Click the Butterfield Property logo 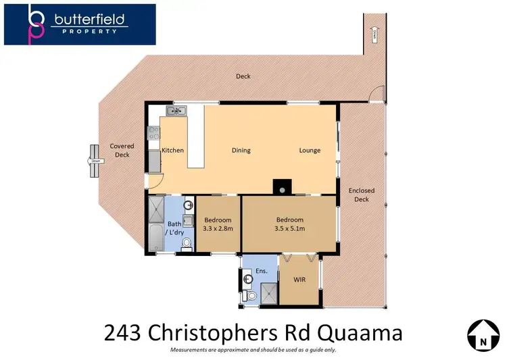pyautogui.click(x=80, y=25)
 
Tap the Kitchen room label pyautogui.click(x=172, y=150)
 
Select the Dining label pyautogui.click(x=241, y=150)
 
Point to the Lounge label pyautogui.click(x=310, y=150)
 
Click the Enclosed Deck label pyautogui.click(x=362, y=195)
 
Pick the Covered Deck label pyautogui.click(x=122, y=150)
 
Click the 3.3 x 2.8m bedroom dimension pyautogui.click(x=218, y=229)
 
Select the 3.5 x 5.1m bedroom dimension pyautogui.click(x=289, y=229)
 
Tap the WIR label pyautogui.click(x=301, y=279)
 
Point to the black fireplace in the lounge pyautogui.click(x=279, y=186)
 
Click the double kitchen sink pyautogui.click(x=178, y=111)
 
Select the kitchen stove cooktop pyautogui.click(x=153, y=135)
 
